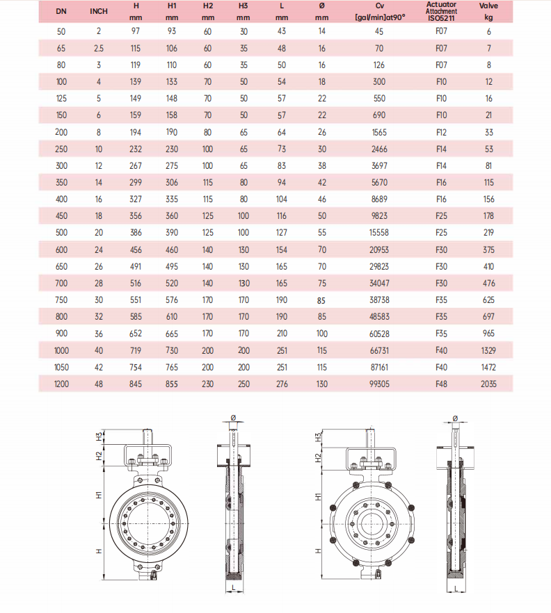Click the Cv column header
pos(380,11)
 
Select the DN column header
pos(61,11)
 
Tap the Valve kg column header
pos(488,11)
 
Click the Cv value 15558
pos(379,233)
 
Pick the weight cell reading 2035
pos(488,384)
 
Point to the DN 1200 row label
pos(61,384)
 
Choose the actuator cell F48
pos(441,384)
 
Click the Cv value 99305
pos(379,384)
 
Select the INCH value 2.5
pos(99,49)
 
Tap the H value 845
pos(136,384)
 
